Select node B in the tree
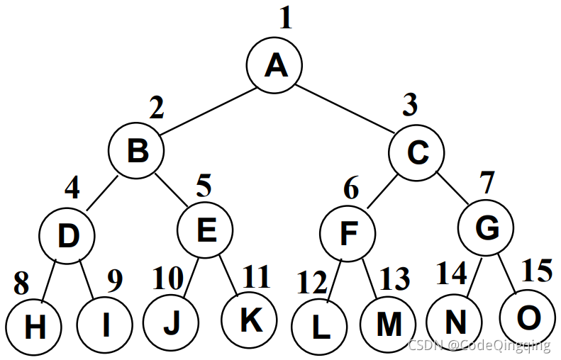[136, 151]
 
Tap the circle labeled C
[417, 151]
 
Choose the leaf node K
[248, 320]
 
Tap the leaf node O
[527, 318]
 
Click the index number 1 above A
[285, 18]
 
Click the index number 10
[167, 279]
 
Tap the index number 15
[537, 271]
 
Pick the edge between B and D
[102, 192]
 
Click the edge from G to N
[471, 277]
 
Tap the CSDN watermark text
[479, 345]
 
